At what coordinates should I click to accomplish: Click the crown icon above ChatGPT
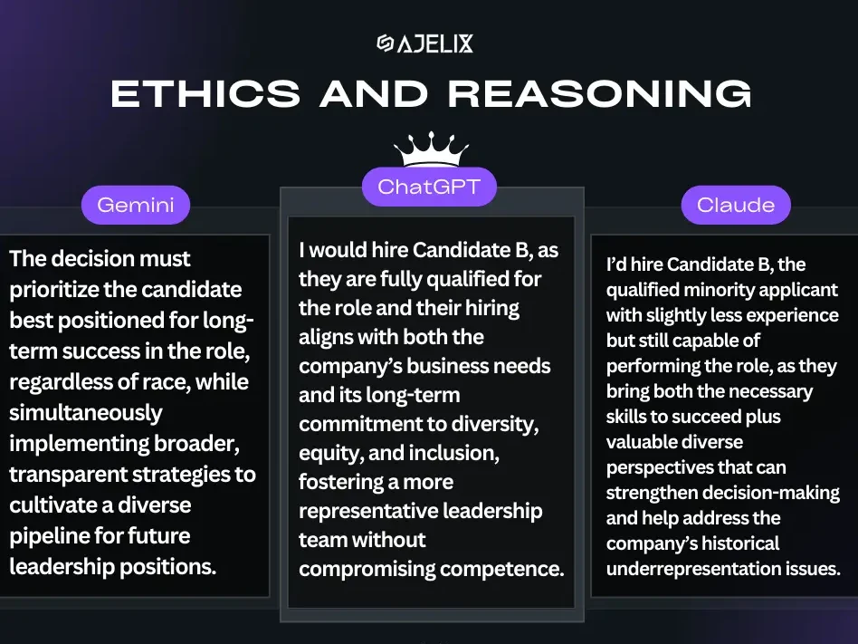click(431, 149)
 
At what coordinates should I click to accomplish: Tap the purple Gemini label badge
click(136, 205)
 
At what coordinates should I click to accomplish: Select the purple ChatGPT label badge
click(429, 187)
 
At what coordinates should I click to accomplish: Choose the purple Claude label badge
click(736, 205)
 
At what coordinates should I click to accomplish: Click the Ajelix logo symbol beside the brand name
click(386, 43)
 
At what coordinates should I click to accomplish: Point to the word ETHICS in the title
click(205, 93)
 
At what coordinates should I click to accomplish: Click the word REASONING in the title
click(600, 93)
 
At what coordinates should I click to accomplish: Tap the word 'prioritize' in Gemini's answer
click(53, 290)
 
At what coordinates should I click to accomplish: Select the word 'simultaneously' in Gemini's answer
click(86, 413)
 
